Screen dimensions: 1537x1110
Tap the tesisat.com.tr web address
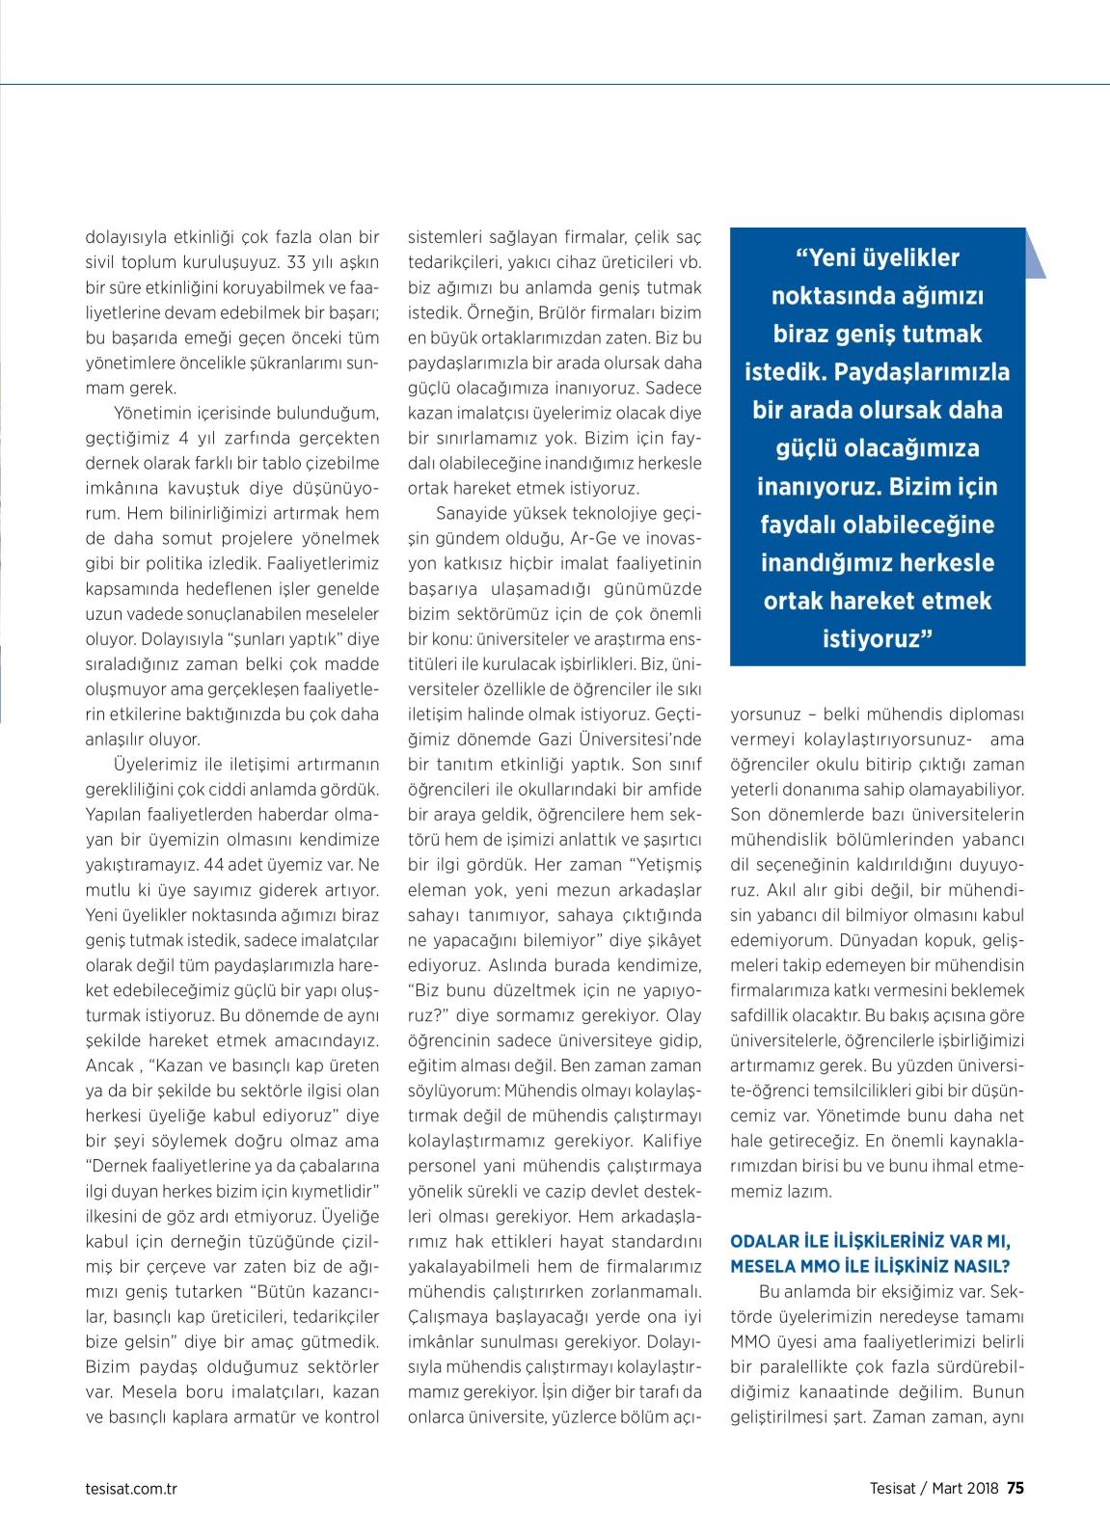coord(131,1487)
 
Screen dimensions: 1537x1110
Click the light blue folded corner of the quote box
coord(1035,255)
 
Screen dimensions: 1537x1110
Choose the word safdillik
coord(766,1015)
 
